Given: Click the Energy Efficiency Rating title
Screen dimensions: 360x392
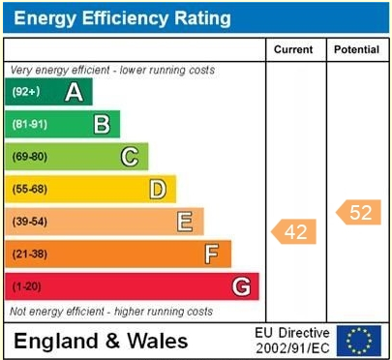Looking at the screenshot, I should point(122,18).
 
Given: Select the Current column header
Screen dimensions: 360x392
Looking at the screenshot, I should point(293,49).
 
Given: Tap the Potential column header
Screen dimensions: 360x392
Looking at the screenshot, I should point(356,49).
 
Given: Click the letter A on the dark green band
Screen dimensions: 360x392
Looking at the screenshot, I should point(73,92).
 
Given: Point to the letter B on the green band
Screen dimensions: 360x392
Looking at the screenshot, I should point(101,124).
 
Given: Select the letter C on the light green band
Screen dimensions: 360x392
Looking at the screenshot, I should point(129,157).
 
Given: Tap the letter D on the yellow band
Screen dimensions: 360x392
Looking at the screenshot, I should point(157,189).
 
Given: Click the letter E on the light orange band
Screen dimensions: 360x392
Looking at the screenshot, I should point(184,222).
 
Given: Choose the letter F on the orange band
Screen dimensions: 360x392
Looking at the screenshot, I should point(211,254).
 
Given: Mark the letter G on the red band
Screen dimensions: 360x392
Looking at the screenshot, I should point(240,286).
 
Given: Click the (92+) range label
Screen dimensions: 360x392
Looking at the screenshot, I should point(25,92).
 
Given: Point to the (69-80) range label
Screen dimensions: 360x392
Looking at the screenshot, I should point(29,157).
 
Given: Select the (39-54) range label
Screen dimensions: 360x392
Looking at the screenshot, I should point(29,222).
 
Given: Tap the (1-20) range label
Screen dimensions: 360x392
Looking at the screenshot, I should point(26,286).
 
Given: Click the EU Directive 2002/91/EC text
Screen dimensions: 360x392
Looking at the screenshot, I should point(292,340).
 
